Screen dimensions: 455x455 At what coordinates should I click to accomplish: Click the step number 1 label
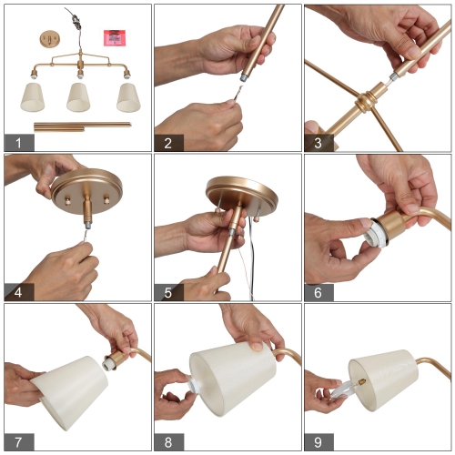click(19, 143)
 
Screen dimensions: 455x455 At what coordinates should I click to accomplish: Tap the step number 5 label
click(168, 292)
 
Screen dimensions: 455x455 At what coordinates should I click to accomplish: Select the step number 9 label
click(318, 442)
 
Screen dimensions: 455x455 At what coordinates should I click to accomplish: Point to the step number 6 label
click(318, 292)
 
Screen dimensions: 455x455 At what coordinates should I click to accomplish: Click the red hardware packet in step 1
click(115, 37)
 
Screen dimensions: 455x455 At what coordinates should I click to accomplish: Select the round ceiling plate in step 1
click(50, 39)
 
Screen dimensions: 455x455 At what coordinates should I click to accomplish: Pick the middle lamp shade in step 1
click(78, 97)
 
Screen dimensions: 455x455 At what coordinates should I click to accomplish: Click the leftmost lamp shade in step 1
click(33, 97)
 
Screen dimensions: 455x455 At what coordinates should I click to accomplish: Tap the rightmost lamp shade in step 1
click(128, 97)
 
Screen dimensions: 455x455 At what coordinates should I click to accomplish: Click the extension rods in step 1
click(82, 126)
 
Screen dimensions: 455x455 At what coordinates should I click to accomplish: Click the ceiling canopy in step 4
click(87, 191)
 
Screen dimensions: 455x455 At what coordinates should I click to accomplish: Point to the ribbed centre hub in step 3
click(365, 102)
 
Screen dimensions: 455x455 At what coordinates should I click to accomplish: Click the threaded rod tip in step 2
click(244, 77)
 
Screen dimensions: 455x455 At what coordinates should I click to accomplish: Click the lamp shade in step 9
click(384, 379)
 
